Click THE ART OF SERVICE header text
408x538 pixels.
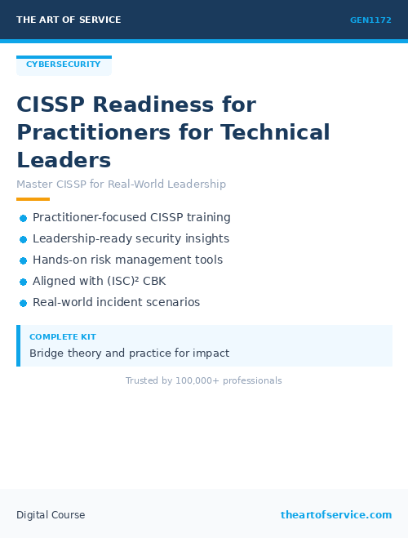[x=69, y=20]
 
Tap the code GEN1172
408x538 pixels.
[x=370, y=20]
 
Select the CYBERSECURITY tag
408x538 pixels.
[x=64, y=64]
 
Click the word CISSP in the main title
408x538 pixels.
[x=51, y=105]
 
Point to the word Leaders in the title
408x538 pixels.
[x=64, y=159]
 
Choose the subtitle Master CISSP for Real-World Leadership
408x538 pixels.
[x=121, y=185]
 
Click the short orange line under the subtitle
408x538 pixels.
[x=33, y=199]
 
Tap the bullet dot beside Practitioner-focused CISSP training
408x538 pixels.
[x=24, y=218]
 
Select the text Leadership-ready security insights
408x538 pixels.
[x=131, y=239]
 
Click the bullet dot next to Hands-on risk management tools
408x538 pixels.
[x=24, y=260]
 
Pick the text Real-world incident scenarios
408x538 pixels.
[x=116, y=303]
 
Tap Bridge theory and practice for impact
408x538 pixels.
[x=129, y=353]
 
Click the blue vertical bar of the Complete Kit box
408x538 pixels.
[x=18, y=345]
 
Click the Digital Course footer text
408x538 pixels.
[x=51, y=515]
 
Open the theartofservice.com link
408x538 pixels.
[x=336, y=515]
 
